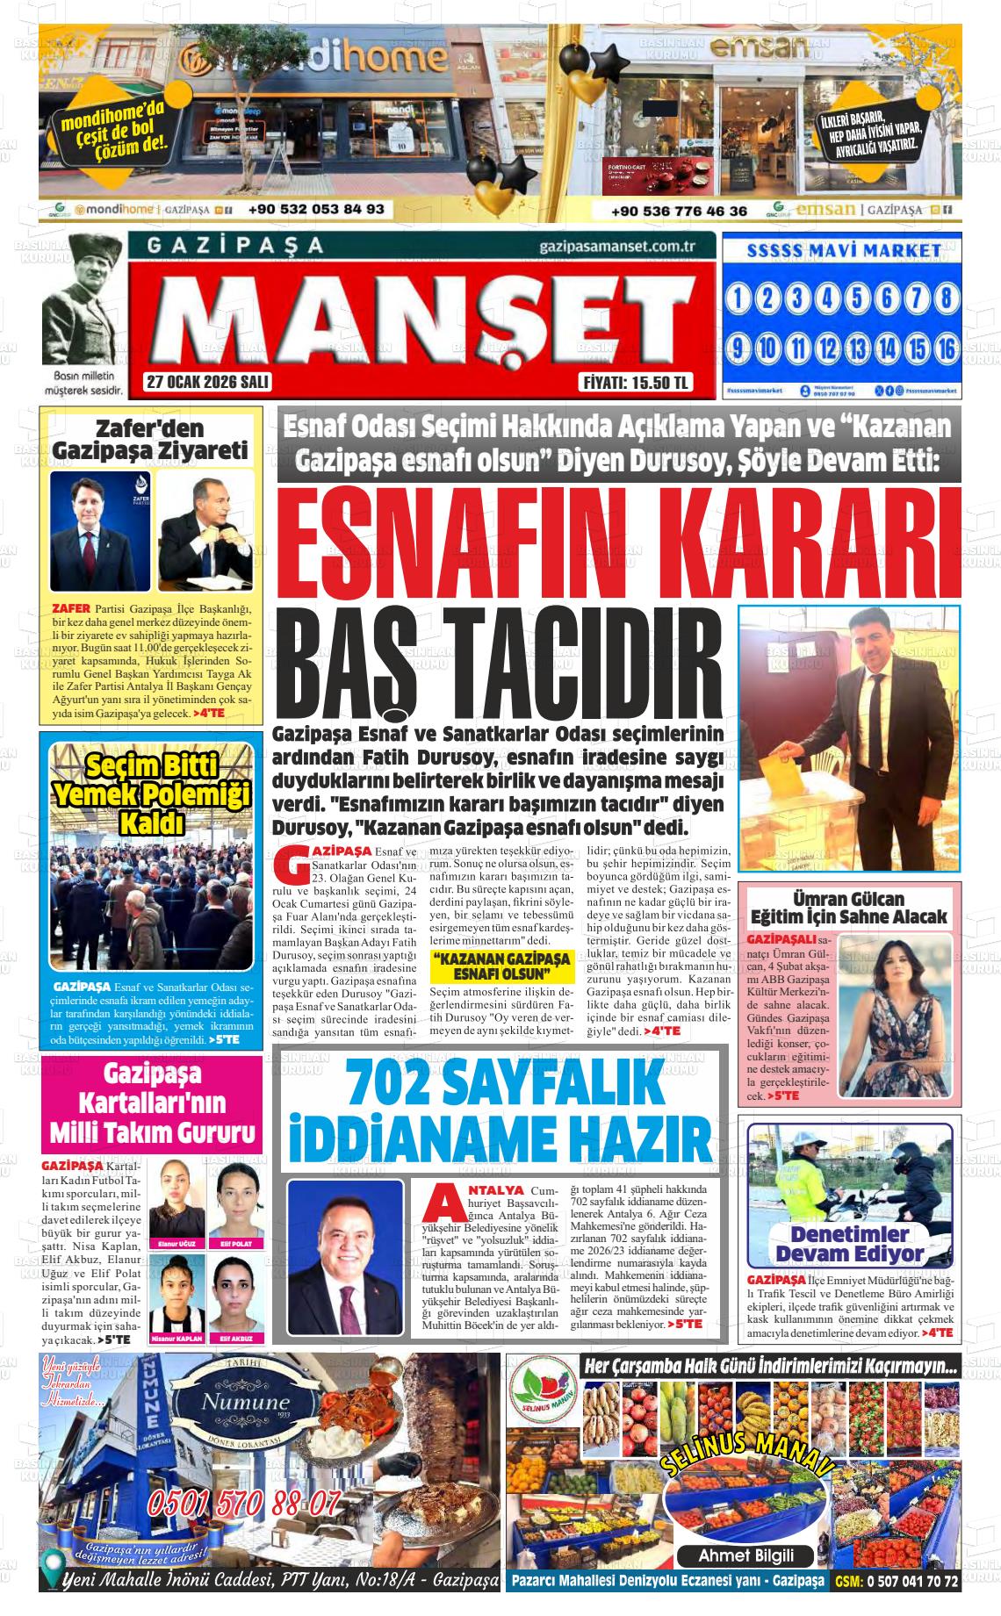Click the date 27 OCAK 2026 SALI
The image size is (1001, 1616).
pyautogui.click(x=208, y=382)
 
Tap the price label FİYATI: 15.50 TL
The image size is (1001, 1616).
pyautogui.click(x=637, y=383)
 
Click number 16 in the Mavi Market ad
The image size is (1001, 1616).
pyautogui.click(x=945, y=348)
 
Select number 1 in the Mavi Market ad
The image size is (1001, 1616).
pyautogui.click(x=738, y=299)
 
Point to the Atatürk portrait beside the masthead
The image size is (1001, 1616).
pyautogui.click(x=83, y=298)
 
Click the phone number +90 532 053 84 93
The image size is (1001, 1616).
pyautogui.click(x=316, y=209)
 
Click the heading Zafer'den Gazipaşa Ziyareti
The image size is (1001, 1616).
pyautogui.click(x=150, y=441)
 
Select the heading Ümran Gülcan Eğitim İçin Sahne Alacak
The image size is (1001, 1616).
pyautogui.click(x=849, y=908)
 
